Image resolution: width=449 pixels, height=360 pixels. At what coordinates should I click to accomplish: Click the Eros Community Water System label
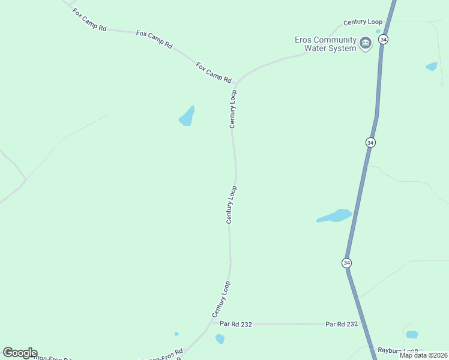[326, 44]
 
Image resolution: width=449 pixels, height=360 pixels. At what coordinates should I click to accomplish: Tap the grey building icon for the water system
[366, 43]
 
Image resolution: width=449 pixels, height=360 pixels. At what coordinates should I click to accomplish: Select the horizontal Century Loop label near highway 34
[363, 22]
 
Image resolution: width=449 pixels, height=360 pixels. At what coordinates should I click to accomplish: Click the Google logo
[20, 353]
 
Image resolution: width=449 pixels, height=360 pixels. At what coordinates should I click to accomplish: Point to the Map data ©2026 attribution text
[423, 355]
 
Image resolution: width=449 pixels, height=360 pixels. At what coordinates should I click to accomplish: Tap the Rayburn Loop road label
[397, 350]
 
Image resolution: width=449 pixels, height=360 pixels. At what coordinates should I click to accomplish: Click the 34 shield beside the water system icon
[384, 39]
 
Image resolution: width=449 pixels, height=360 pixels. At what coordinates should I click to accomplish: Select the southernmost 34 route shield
[347, 263]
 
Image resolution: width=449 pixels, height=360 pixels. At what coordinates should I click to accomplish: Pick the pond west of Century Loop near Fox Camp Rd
[187, 117]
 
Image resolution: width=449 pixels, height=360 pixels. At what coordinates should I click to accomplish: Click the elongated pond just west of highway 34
[334, 216]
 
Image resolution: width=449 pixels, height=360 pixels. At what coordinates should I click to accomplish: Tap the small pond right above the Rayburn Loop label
[412, 334]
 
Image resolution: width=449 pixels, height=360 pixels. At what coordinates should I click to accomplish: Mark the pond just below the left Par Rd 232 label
[220, 339]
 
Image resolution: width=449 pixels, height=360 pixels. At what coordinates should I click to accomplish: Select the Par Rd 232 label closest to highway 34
[342, 324]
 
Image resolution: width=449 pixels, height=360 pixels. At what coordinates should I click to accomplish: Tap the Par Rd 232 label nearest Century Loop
[236, 324]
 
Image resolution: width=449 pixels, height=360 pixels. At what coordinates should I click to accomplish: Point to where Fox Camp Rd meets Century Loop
[237, 83]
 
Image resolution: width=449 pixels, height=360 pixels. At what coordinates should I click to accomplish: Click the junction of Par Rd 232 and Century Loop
[211, 323]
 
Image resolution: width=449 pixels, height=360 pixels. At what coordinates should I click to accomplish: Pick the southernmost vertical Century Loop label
[221, 299]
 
